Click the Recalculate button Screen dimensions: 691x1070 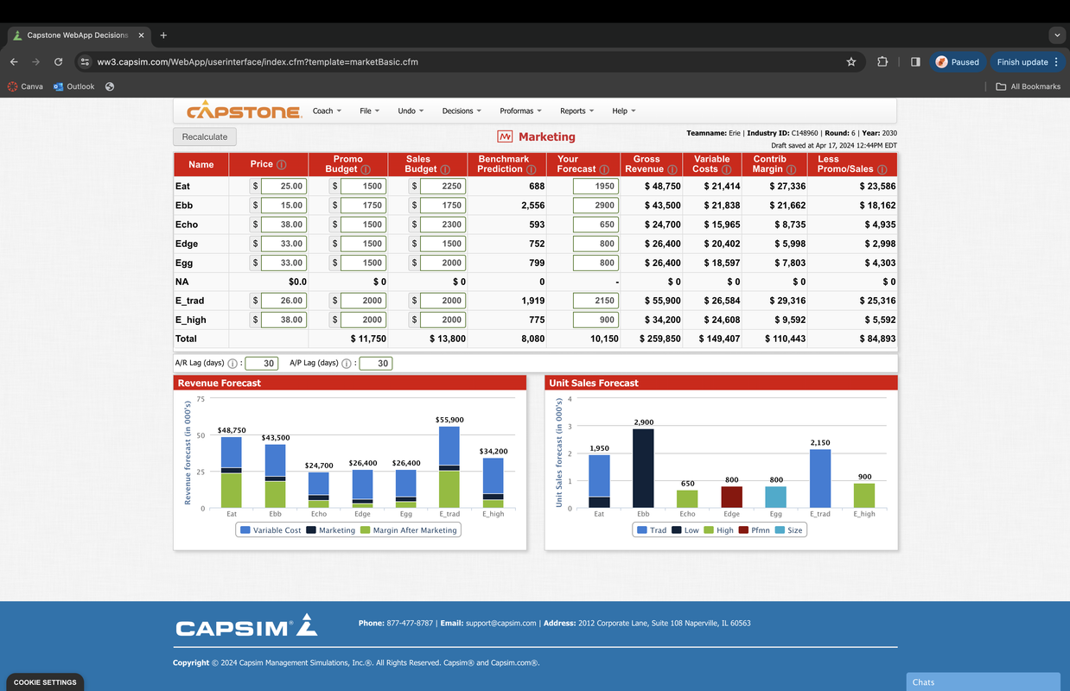[x=205, y=136]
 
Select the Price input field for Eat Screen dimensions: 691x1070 [x=283, y=187]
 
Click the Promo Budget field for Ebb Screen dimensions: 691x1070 [x=363, y=206]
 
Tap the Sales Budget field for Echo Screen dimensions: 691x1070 [x=443, y=225]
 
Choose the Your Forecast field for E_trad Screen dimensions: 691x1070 [x=595, y=301]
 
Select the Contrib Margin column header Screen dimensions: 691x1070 [x=774, y=164]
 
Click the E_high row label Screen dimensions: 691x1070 [x=190, y=320]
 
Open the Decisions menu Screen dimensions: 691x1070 [x=462, y=111]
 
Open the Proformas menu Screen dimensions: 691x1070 [x=520, y=111]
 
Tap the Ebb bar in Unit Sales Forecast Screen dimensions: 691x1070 [x=643, y=468]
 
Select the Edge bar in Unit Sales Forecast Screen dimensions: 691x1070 [x=731, y=497]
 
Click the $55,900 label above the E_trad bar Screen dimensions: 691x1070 [x=449, y=420]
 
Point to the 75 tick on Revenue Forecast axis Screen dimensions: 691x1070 [x=201, y=399]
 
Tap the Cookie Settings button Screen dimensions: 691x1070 [x=45, y=682]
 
